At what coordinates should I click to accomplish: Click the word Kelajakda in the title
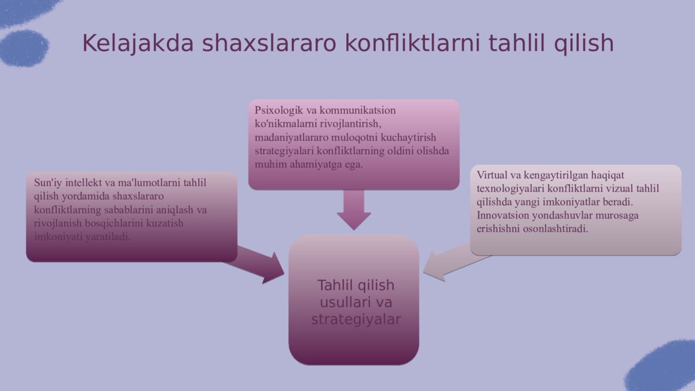138,43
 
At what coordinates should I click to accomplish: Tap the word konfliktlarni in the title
412,43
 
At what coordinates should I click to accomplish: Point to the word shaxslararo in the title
269,43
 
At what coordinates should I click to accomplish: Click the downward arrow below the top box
354,210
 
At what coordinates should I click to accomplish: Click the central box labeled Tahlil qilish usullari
354,300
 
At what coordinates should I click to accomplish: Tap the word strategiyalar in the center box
356,320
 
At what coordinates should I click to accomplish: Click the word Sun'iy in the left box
48,183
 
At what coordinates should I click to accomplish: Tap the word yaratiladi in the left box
107,237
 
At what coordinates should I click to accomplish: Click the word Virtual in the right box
491,175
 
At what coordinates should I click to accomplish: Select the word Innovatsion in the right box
503,215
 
